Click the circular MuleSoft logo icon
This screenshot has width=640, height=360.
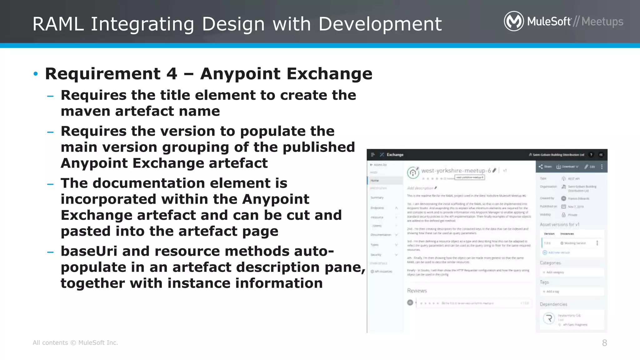tap(514, 21)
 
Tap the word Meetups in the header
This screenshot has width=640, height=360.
tap(602, 22)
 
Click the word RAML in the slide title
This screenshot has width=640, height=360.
tap(58, 24)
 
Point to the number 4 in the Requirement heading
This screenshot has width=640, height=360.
tap(172, 74)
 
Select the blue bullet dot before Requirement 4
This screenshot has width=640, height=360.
tap(36, 74)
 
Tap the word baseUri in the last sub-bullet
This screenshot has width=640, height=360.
tap(89, 251)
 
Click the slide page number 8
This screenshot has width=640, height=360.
tap(604, 343)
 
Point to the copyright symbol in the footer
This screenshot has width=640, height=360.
tap(73, 343)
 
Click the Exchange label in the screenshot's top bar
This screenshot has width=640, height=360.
tap(395, 155)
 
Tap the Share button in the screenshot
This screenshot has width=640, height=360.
tap(545, 167)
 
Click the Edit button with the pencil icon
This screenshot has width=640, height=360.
tap(590, 167)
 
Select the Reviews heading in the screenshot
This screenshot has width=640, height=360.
tap(417, 291)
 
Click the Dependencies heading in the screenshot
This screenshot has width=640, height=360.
tap(553, 304)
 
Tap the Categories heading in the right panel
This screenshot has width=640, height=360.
tap(550, 263)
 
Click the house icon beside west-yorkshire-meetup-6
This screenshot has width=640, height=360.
tap(413, 172)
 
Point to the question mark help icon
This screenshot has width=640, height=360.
tap(591, 155)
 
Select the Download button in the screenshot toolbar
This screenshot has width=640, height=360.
tap(567, 167)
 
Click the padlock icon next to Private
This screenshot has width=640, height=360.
tap(563, 215)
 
